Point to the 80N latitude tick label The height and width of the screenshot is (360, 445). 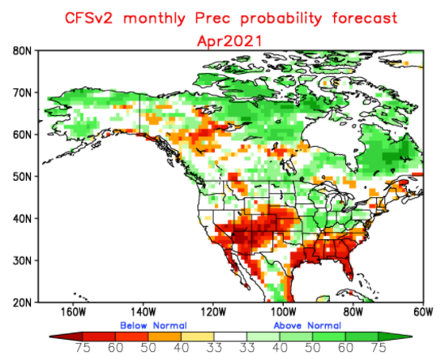click(x=22, y=50)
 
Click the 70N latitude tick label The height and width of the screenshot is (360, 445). click(x=22, y=92)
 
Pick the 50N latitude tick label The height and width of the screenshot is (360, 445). click(x=22, y=176)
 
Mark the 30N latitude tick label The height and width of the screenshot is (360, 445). click(x=22, y=260)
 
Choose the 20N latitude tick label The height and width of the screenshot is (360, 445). click(x=22, y=302)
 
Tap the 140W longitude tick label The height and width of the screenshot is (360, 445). click(x=142, y=311)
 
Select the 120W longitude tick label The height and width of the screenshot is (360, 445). click(x=212, y=311)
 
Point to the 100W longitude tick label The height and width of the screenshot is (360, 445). click(x=282, y=311)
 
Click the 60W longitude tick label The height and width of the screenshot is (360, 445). click(x=421, y=311)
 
